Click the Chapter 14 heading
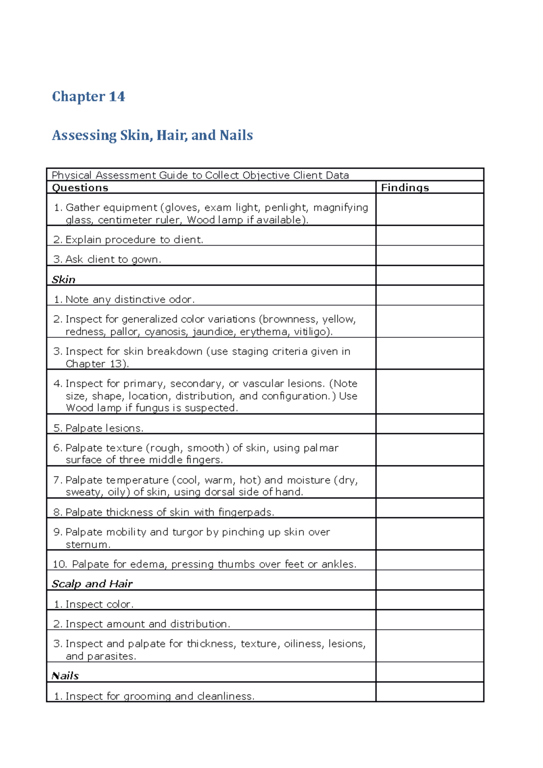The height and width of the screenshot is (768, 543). (88, 96)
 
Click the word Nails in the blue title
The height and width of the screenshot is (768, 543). (236, 135)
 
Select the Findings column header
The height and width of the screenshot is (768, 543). (405, 188)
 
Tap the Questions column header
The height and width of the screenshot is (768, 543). (80, 188)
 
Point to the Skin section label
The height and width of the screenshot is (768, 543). (63, 280)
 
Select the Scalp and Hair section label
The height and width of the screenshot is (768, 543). (92, 584)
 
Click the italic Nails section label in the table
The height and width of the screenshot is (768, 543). (65, 676)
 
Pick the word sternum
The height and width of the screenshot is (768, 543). (87, 545)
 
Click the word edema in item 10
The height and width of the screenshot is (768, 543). (147, 564)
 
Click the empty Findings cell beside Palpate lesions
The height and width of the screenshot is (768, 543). (429, 424)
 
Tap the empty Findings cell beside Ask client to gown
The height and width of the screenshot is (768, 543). (429, 256)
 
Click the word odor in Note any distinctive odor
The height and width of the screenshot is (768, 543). (181, 299)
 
